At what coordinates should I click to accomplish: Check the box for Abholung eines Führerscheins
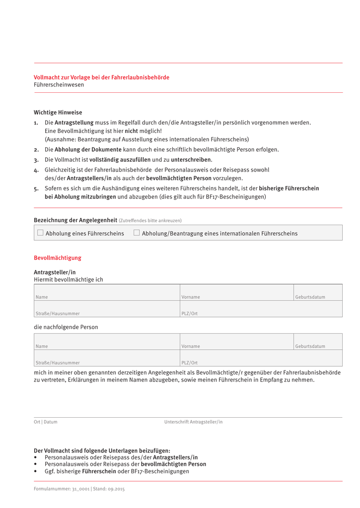[40, 233]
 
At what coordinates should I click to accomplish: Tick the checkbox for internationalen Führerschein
[137, 233]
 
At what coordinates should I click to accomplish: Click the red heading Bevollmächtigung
[57, 258]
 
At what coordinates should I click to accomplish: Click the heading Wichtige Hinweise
[58, 113]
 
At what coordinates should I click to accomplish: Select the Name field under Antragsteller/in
[107, 292]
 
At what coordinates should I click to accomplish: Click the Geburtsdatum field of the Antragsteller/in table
[318, 292]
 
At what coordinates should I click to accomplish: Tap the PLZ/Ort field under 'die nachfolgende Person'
[261, 358]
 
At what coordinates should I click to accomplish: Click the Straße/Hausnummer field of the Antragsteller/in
[107, 309]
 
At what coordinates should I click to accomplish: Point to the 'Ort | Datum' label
[46, 422]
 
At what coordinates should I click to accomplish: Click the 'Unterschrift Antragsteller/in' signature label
[194, 422]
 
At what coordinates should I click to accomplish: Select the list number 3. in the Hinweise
[36, 160]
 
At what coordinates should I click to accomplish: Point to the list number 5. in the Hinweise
[36, 189]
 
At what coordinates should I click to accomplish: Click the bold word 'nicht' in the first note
[131, 131]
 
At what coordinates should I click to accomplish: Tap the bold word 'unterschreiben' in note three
[191, 160]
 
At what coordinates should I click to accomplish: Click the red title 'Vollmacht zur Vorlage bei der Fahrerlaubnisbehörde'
[101, 77]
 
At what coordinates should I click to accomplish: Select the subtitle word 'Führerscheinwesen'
[59, 85]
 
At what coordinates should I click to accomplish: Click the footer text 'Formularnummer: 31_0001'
[62, 489]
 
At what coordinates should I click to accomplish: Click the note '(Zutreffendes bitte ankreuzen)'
[150, 221]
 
